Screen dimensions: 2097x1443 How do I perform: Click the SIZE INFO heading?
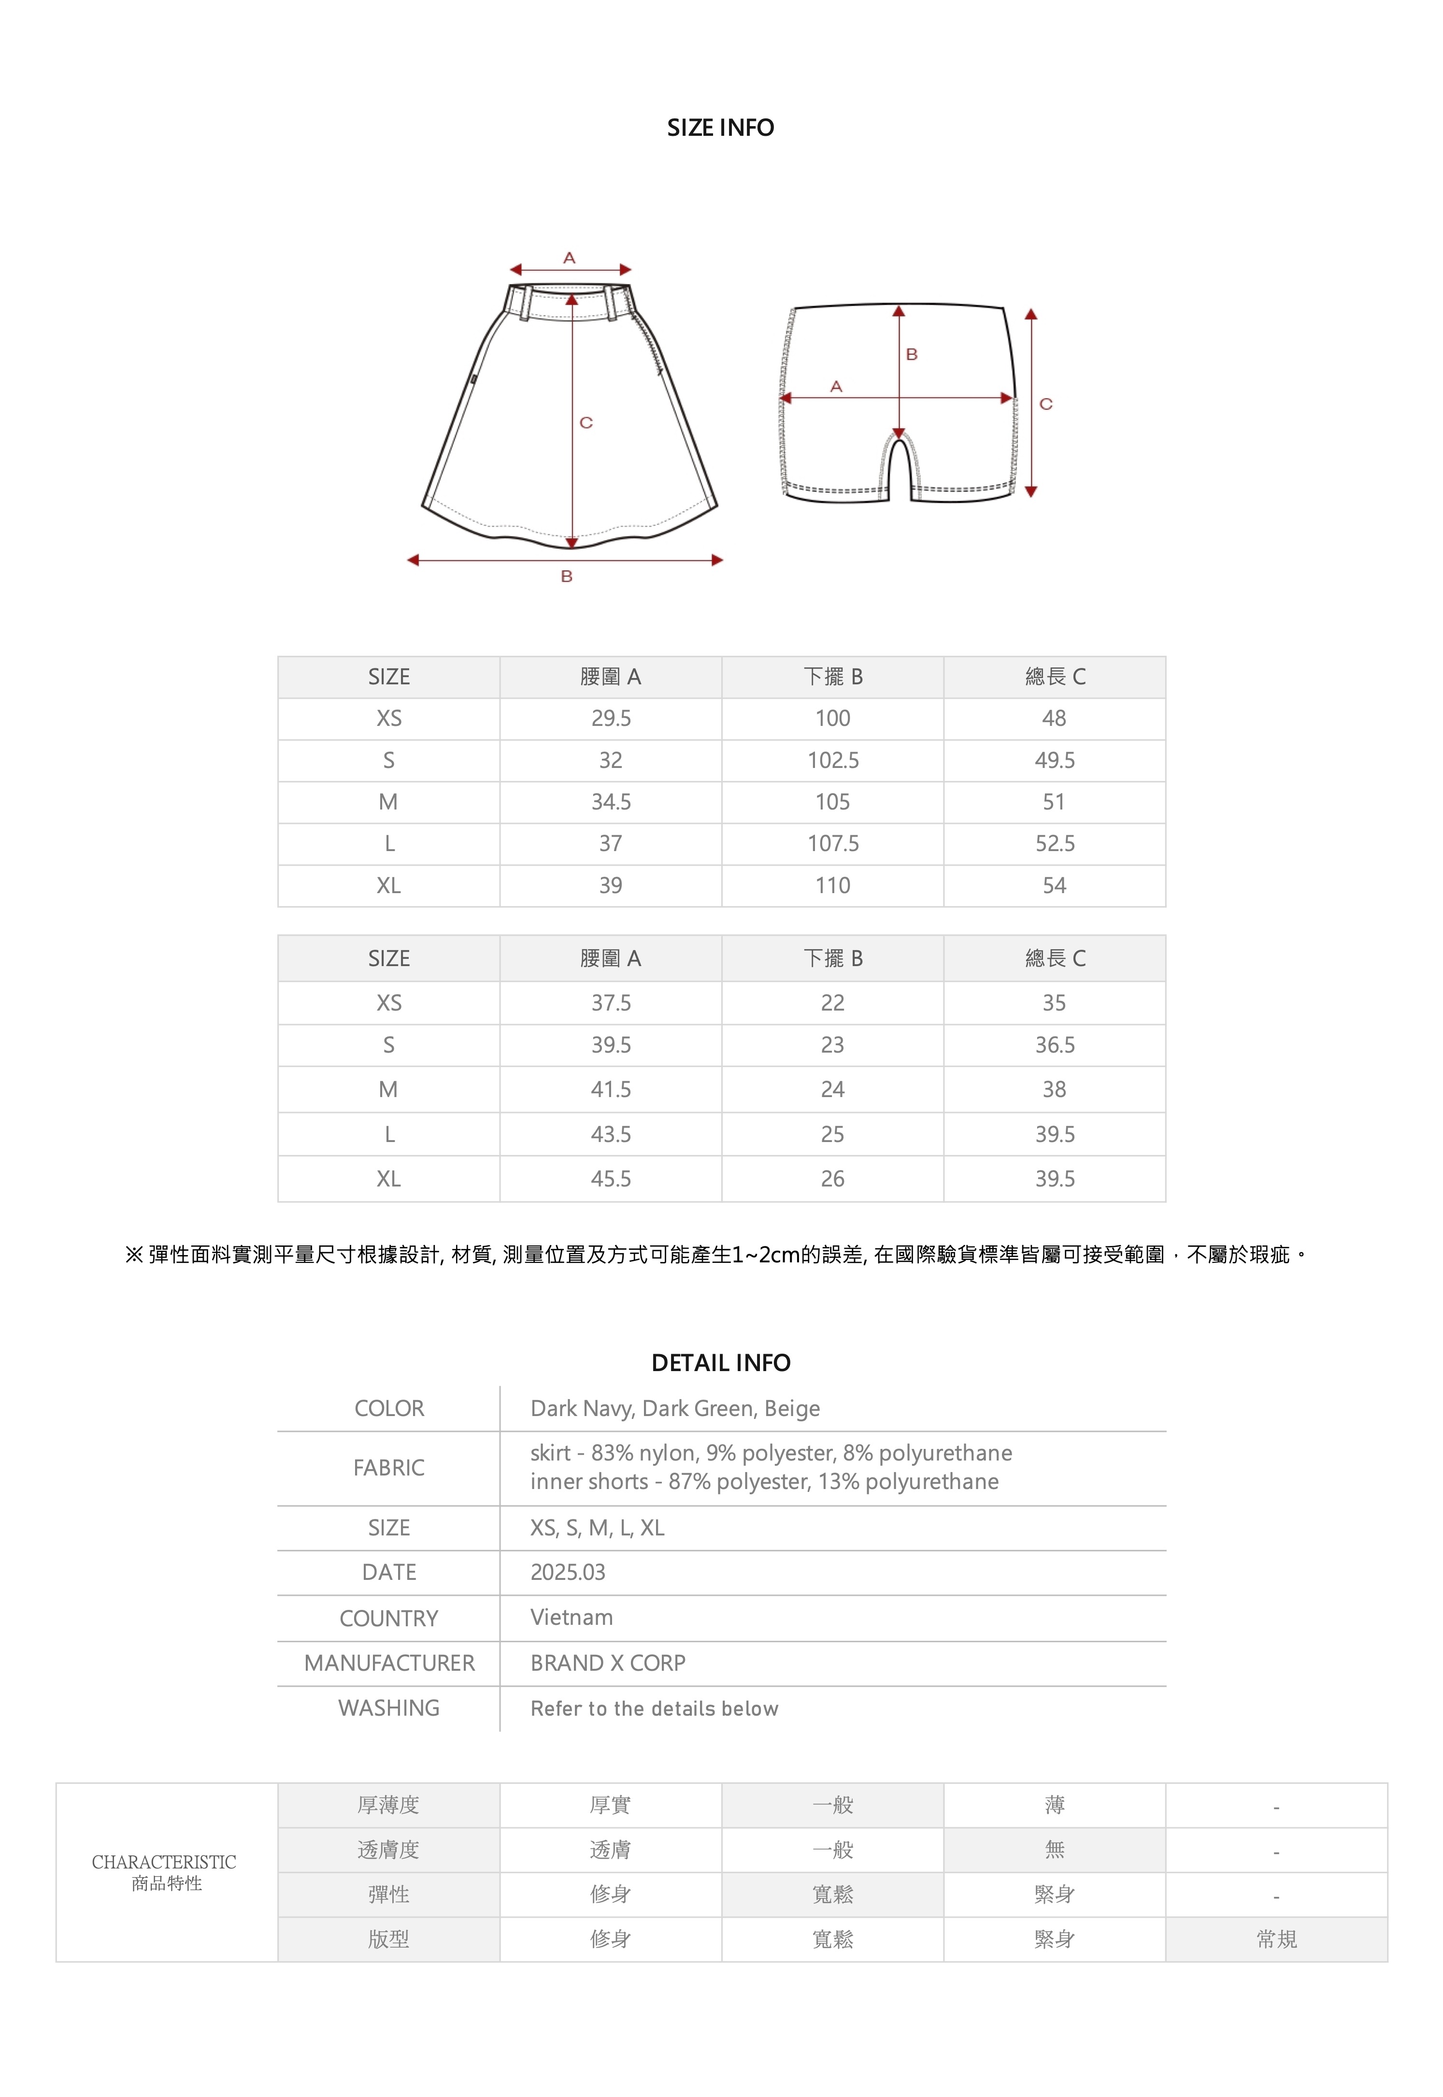[x=721, y=128]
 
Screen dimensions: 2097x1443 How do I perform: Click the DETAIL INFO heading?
[x=721, y=1363]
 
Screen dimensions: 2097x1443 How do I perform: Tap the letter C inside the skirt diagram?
[x=586, y=422]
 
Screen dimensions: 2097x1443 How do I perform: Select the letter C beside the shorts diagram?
[x=1046, y=404]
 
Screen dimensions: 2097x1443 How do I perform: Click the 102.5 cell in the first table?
[x=833, y=761]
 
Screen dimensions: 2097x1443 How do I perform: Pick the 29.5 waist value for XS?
[x=611, y=719]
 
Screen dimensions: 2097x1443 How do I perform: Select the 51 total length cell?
[x=1054, y=802]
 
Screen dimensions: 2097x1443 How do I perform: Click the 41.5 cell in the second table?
[x=611, y=1090]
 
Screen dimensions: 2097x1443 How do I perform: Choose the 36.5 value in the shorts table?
[x=1054, y=1045]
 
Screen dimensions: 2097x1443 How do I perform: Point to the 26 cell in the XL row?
[x=833, y=1179]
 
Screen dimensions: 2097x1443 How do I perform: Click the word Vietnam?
[x=571, y=1618]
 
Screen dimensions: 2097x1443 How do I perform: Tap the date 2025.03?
[x=568, y=1573]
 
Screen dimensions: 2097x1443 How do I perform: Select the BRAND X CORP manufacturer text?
[x=608, y=1663]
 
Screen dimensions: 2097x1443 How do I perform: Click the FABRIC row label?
[x=389, y=1468]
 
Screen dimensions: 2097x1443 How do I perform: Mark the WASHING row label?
[x=389, y=1708]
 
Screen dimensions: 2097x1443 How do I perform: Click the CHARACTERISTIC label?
[x=165, y=1862]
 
